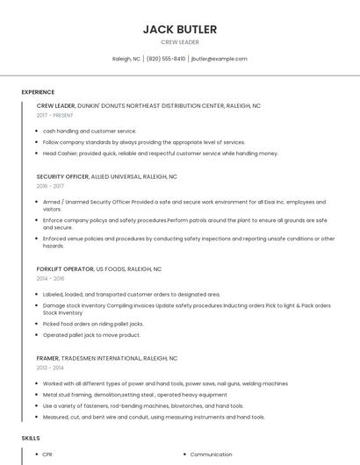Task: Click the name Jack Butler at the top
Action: pyautogui.click(x=179, y=29)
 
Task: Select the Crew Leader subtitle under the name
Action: pyautogui.click(x=179, y=42)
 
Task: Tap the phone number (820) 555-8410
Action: pyautogui.click(x=166, y=59)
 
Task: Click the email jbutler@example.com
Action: pyautogui.click(x=219, y=59)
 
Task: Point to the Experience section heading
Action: pyautogui.click(x=38, y=92)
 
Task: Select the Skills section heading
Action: pyautogui.click(x=31, y=437)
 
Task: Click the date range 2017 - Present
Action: pyautogui.click(x=55, y=115)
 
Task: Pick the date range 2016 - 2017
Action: pyautogui.click(x=51, y=186)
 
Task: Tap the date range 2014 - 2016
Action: pyautogui.click(x=51, y=278)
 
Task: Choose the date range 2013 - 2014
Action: pyautogui.click(x=51, y=368)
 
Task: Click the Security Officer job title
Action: pyautogui.click(x=62, y=176)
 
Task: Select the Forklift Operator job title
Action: pyautogui.click(x=64, y=268)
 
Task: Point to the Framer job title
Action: pyautogui.click(x=47, y=358)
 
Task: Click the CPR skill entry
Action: pyautogui.click(x=48, y=454)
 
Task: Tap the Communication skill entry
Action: pyautogui.click(x=211, y=454)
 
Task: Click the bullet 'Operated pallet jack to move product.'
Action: pyautogui.click(x=91, y=334)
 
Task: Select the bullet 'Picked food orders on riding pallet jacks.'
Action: pyautogui.click(x=93, y=324)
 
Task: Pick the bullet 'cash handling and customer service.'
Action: pyautogui.click(x=90, y=131)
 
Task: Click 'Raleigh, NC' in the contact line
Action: pyautogui.click(x=126, y=59)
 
